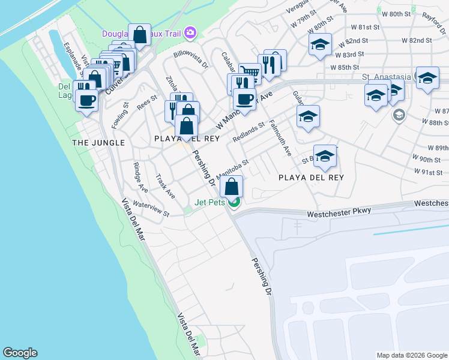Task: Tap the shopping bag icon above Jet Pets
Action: click(x=231, y=188)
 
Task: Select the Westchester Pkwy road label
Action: click(x=339, y=212)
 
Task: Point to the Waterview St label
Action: click(x=151, y=209)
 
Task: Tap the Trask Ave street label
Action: click(x=164, y=186)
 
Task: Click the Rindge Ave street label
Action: click(x=140, y=177)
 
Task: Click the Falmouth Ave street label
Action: click(x=280, y=138)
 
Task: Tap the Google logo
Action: click(x=20, y=353)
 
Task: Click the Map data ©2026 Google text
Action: click(x=411, y=355)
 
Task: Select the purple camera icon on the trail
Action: click(x=191, y=32)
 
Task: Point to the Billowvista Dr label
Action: click(x=190, y=59)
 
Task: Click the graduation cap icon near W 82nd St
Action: click(x=320, y=45)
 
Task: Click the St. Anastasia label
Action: click(x=387, y=77)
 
